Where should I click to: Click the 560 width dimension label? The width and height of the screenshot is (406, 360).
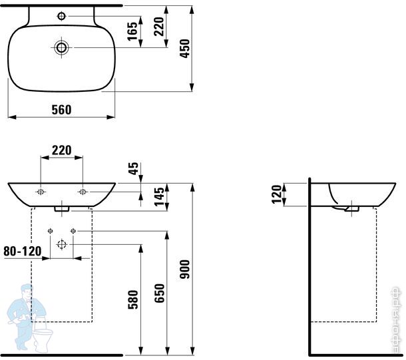(x=61, y=110)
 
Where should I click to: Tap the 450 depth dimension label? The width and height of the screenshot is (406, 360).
(x=185, y=49)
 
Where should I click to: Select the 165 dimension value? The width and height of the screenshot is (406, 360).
(x=132, y=31)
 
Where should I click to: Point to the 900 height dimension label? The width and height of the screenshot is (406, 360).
(x=185, y=269)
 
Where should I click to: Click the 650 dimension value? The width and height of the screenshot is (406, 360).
(x=160, y=293)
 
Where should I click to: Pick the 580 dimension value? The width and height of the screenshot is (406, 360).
(x=133, y=299)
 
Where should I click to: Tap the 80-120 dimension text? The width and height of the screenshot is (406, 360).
(x=23, y=251)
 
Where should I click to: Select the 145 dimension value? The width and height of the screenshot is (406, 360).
(x=160, y=197)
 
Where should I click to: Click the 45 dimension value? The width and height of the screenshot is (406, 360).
(x=133, y=168)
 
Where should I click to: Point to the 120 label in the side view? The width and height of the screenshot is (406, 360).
(x=276, y=194)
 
